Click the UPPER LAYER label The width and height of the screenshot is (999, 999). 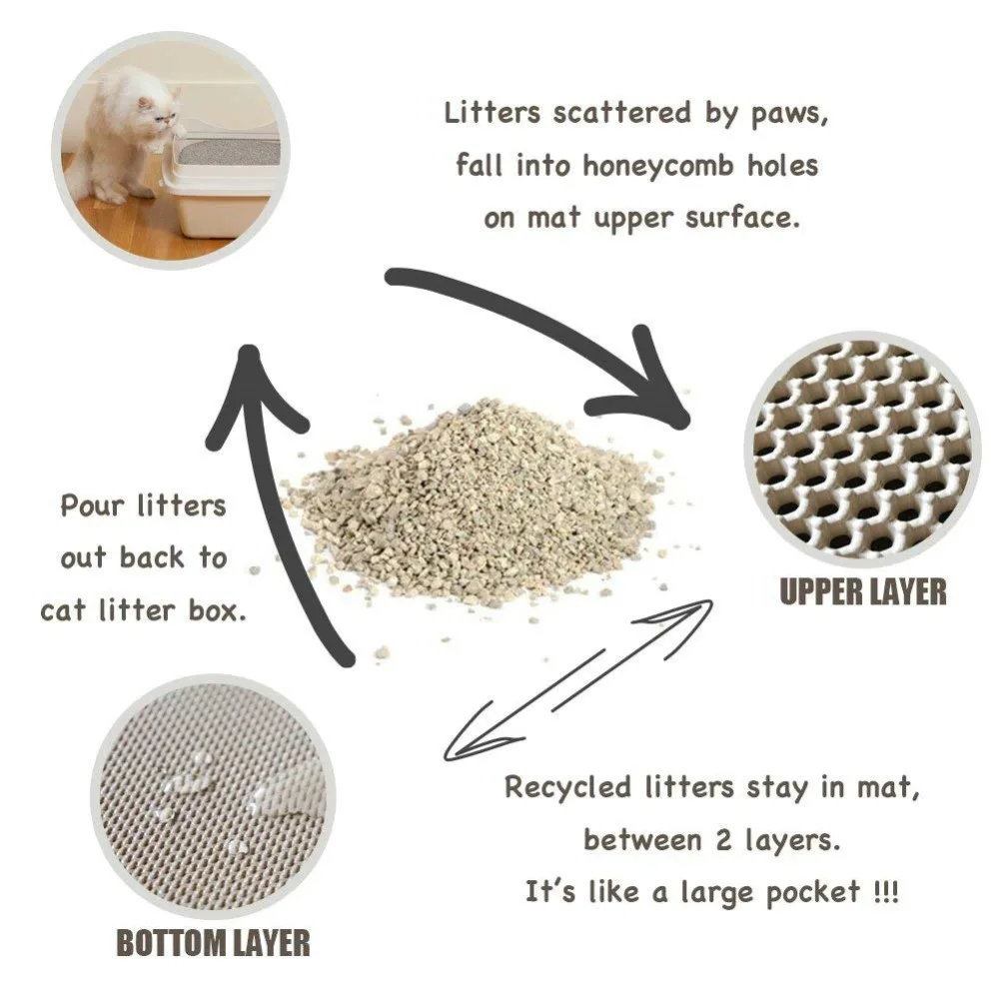pyautogui.click(x=862, y=591)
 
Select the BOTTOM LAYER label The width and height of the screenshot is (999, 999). pyautogui.click(x=213, y=942)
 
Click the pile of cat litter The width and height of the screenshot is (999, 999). pyautogui.click(x=480, y=499)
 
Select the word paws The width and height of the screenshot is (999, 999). pyautogui.click(x=788, y=113)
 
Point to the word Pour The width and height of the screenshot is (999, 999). pyautogui.click(x=89, y=505)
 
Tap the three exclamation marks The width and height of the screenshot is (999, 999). pyautogui.click(x=884, y=891)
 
